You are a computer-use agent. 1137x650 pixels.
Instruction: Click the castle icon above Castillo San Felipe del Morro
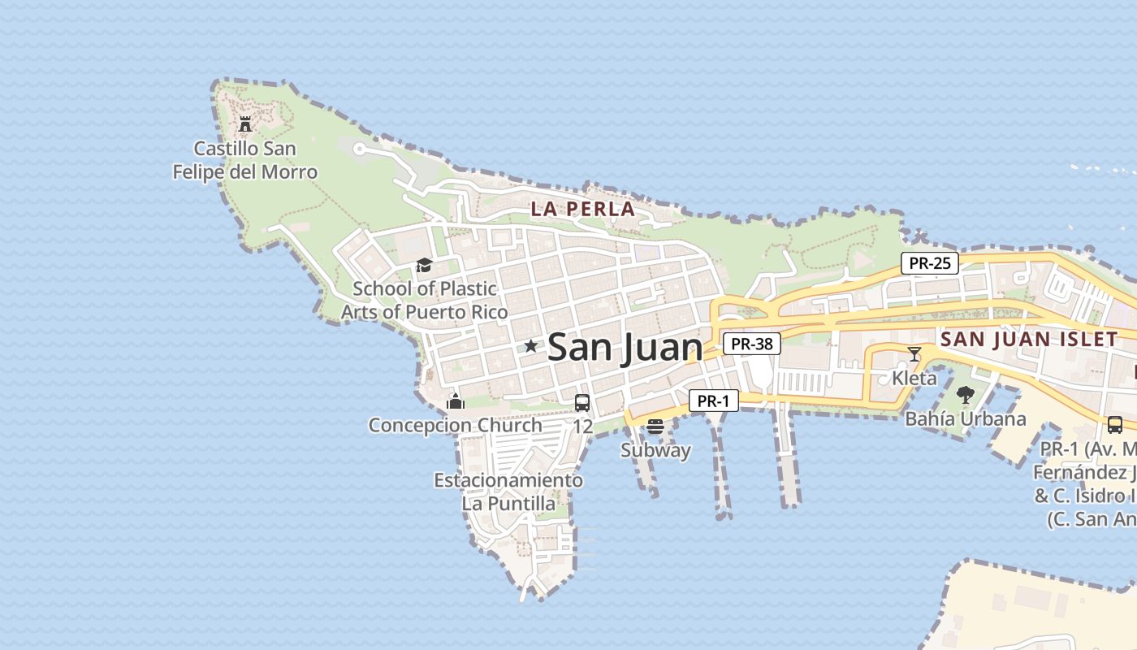[244, 124]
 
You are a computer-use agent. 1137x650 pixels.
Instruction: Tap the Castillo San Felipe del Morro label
[244, 160]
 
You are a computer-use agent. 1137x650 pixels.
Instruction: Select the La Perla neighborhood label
[582, 209]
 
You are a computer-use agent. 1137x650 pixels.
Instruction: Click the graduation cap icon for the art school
[423, 265]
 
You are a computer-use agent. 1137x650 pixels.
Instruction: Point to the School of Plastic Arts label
[424, 300]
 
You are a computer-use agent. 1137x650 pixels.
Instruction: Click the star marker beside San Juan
[531, 346]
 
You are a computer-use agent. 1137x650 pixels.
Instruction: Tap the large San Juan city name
[625, 348]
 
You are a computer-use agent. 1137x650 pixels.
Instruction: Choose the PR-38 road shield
[751, 344]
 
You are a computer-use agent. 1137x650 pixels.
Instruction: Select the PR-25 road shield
[929, 263]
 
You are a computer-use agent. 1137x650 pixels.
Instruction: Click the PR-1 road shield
[713, 401]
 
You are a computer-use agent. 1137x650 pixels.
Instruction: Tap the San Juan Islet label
[1029, 340]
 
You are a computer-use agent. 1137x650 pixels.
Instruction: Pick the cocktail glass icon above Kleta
[914, 353]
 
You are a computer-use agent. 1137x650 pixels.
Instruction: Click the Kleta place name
[914, 378]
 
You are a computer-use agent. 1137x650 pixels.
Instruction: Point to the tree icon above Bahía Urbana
[965, 396]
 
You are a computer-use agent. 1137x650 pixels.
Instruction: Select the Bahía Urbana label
[966, 419]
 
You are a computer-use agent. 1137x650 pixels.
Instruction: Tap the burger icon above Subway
[655, 427]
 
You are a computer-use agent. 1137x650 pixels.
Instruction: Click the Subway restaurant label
[655, 450]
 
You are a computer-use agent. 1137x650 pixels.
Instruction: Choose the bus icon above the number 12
[582, 402]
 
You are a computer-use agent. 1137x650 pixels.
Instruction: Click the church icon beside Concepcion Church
[456, 401]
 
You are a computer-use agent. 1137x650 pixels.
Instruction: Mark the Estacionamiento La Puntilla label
[508, 492]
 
